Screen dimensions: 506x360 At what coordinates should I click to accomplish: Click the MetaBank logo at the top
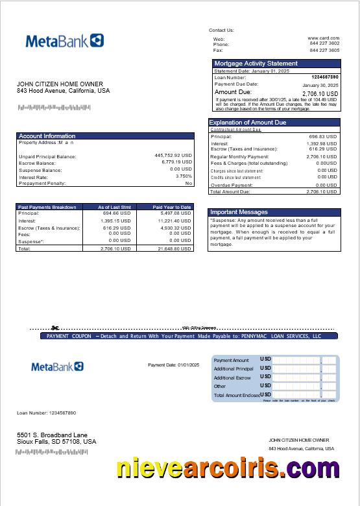tap(64, 41)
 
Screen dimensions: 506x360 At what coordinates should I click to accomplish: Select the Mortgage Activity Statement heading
tap(256, 64)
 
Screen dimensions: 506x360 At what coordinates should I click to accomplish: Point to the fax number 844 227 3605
tap(324, 50)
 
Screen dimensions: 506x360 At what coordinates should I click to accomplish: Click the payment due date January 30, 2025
tap(320, 85)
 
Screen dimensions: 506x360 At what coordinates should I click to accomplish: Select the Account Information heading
tap(47, 136)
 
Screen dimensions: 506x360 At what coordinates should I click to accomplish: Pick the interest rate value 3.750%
tap(184, 176)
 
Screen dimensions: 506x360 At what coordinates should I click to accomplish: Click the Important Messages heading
tap(239, 212)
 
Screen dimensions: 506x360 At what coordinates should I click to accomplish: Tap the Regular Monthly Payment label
tap(239, 157)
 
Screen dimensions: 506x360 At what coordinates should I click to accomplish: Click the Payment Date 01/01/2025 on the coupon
tap(173, 365)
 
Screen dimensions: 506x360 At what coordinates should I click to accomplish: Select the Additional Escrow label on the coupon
tap(232, 378)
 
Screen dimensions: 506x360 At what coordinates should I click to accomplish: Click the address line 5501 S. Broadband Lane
tap(52, 435)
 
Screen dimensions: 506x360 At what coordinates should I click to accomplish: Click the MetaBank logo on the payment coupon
tap(57, 367)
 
